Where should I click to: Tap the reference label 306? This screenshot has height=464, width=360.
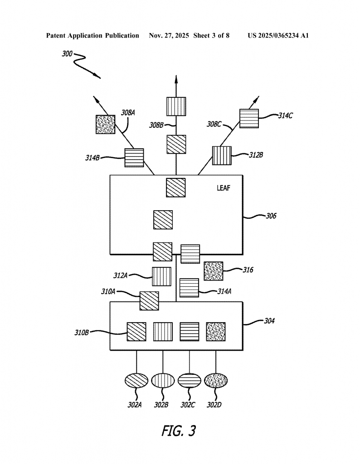pyautogui.click(x=271, y=216)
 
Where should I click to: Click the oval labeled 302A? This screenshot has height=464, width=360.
pyautogui.click(x=136, y=380)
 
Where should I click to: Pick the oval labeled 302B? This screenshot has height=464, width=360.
pyautogui.click(x=163, y=380)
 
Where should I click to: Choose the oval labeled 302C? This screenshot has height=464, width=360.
pyautogui.click(x=189, y=380)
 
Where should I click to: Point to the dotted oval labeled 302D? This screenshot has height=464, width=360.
pyautogui.click(x=215, y=380)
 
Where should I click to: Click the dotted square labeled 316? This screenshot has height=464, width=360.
pyautogui.click(x=213, y=271)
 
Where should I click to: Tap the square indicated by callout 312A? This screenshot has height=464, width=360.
pyautogui.click(x=161, y=276)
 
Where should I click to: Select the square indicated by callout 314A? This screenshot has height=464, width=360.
pyautogui.click(x=189, y=287)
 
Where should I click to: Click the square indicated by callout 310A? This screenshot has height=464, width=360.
pyautogui.click(x=149, y=301)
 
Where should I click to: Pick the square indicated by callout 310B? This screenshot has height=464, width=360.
pyautogui.click(x=136, y=331)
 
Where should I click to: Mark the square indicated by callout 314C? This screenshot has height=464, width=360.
pyautogui.click(x=249, y=118)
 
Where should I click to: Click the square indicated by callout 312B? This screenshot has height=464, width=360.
pyautogui.click(x=222, y=155)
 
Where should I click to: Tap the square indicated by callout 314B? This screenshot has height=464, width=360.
pyautogui.click(x=134, y=158)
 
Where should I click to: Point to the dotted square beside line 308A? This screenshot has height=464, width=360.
pyautogui.click(x=105, y=124)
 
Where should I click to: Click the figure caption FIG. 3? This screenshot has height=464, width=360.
pyautogui.click(x=179, y=430)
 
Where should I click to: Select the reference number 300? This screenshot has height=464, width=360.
pyautogui.click(x=67, y=54)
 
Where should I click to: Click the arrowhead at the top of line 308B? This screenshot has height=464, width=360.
pyautogui.click(x=176, y=80)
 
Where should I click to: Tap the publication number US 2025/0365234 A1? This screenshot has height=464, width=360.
pyautogui.click(x=278, y=35)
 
